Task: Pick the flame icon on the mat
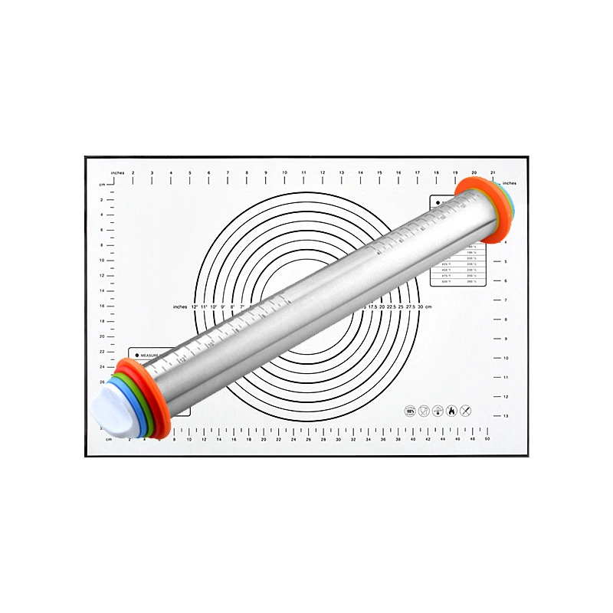tap(451, 411)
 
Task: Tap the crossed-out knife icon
tap(465, 411)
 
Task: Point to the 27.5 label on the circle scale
tap(411, 306)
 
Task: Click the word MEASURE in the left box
tap(156, 356)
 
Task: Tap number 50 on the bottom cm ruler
tap(487, 440)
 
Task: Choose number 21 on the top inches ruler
tap(493, 173)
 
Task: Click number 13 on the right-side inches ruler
tap(506, 416)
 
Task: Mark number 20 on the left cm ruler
tap(102, 336)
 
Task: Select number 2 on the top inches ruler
tap(133, 173)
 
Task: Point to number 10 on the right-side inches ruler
tap(506, 358)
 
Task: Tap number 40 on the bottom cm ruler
tap(413, 440)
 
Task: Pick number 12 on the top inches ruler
tap(323, 173)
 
